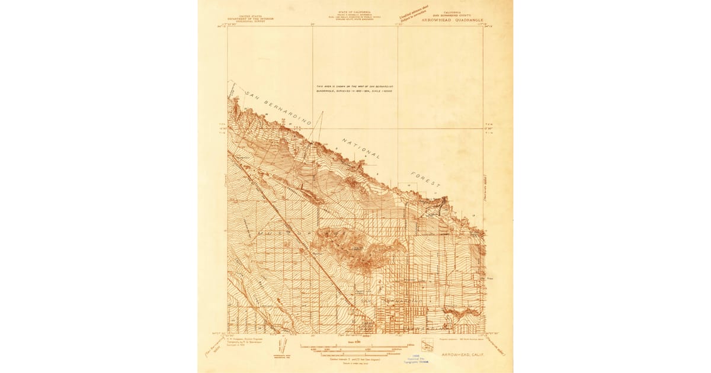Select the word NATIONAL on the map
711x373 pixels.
coord(361,149)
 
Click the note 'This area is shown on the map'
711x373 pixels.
coord(354,88)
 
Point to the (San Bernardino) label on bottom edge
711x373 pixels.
coord(355,336)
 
